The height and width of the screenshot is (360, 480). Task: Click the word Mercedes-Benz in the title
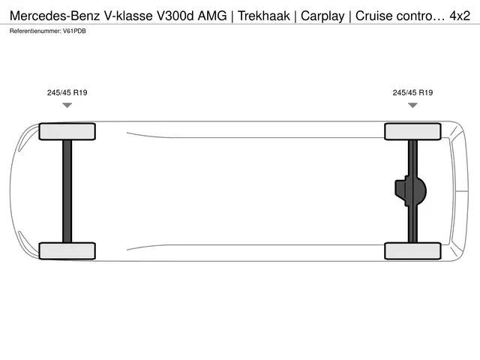pos(55,16)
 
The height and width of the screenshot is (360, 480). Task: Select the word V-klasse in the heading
pos(128,16)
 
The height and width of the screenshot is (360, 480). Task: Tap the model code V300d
pos(175,16)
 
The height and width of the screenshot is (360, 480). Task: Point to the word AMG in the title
pos(212,16)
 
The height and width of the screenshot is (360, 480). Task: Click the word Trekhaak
pos(263,16)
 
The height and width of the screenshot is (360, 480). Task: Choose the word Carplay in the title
pos(322,16)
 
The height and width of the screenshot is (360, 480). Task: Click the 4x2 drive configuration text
pos(460,16)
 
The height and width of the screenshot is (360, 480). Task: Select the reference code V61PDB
pos(74,31)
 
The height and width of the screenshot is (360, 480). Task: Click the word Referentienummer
pos(35,31)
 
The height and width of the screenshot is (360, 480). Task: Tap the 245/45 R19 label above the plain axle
pos(67,92)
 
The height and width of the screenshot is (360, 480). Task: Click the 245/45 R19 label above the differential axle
pos(412,92)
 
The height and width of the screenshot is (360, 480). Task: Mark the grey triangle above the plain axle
pos(67,105)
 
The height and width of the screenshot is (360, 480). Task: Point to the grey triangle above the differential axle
pos(412,105)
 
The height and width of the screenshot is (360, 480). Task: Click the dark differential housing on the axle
pos(410,191)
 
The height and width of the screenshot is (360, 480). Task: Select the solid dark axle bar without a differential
pos(67,191)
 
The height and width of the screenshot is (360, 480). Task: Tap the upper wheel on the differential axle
pos(412,132)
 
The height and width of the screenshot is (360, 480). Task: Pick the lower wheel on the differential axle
pos(412,251)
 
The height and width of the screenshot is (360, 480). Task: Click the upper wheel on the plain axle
pos(67,132)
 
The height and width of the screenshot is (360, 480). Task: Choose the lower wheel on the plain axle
pos(67,251)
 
